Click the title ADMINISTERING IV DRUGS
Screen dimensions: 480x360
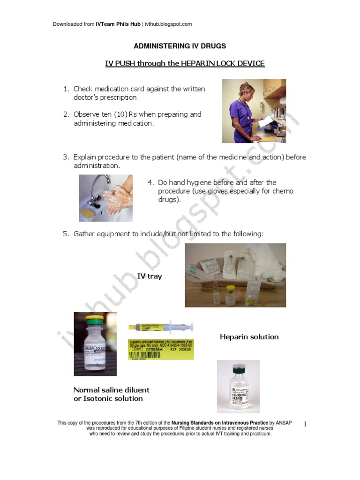[x=180, y=46]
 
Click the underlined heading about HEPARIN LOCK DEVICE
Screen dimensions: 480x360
[x=185, y=64]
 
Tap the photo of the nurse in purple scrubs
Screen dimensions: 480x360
[x=254, y=111]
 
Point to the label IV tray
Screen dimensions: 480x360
[x=150, y=277]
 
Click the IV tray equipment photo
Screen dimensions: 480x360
[x=235, y=275]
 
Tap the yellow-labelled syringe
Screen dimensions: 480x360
[x=161, y=327]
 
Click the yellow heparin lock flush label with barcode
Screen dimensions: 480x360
[x=161, y=350]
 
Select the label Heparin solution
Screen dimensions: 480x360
[x=249, y=337]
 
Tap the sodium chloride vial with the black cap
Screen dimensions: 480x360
[x=238, y=386]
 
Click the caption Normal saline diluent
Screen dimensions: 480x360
[x=111, y=390]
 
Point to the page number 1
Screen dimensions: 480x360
[x=305, y=425]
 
